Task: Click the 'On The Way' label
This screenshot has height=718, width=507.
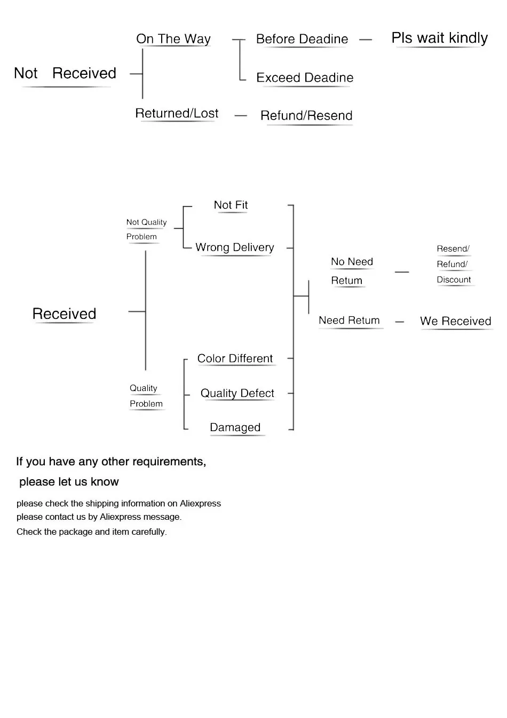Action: coord(173,39)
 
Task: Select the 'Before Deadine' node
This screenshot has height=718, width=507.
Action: coord(302,39)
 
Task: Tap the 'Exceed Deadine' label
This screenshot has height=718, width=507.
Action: coord(305,77)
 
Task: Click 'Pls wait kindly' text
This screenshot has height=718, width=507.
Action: coord(440,38)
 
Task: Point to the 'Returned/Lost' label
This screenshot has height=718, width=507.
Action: coord(177,113)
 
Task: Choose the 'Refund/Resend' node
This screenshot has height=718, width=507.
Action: coord(306,115)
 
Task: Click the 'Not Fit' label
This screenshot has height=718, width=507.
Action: coord(231,205)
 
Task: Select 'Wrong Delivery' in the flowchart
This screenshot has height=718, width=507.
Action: coord(235,247)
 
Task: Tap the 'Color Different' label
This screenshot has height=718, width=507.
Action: coord(235,358)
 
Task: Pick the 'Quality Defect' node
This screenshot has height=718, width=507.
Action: coord(237,393)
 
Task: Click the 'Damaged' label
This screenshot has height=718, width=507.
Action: coord(235,427)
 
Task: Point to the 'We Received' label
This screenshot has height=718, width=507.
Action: coord(455,321)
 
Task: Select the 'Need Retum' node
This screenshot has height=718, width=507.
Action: coord(349,321)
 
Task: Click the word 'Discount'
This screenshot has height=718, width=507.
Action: coord(454,279)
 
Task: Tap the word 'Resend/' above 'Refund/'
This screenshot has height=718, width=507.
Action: coord(453,248)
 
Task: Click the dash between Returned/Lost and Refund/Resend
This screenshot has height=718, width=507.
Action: coord(241,115)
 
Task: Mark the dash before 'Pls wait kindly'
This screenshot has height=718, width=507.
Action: coord(366,40)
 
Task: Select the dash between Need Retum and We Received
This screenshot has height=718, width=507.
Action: coord(400,322)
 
